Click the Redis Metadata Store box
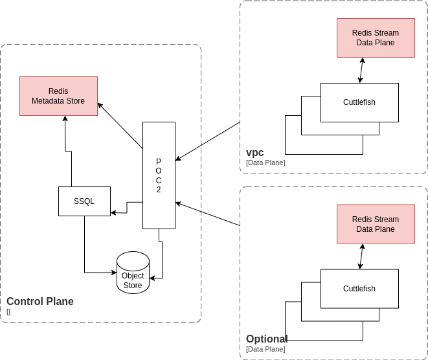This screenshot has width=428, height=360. pyautogui.click(x=58, y=96)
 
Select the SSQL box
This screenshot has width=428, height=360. pyautogui.click(x=84, y=201)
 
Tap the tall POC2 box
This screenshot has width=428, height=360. pyautogui.click(x=159, y=175)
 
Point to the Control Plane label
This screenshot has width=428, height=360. pyautogui.click(x=40, y=301)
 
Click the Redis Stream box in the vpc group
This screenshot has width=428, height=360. pyautogui.click(x=376, y=38)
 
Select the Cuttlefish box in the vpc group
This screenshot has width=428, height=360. pyautogui.click(x=359, y=102)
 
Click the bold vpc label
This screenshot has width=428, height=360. pyautogui.click(x=255, y=153)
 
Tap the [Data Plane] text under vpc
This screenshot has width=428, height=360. pyautogui.click(x=265, y=163)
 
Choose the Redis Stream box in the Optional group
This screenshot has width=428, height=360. pyautogui.click(x=376, y=224)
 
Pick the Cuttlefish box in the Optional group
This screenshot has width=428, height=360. pyautogui.click(x=359, y=289)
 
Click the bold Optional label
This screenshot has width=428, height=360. pyautogui.click(x=266, y=339)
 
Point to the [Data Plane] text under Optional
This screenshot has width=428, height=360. pyautogui.click(x=265, y=349)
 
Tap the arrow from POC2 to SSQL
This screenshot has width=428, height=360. pyautogui.click(x=127, y=207)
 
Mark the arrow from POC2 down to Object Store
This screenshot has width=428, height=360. pyautogui.click(x=161, y=259)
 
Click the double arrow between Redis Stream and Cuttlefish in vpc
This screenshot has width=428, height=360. pyautogui.click(x=361, y=70)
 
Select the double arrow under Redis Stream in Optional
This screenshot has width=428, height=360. pyautogui.click(x=361, y=256)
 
